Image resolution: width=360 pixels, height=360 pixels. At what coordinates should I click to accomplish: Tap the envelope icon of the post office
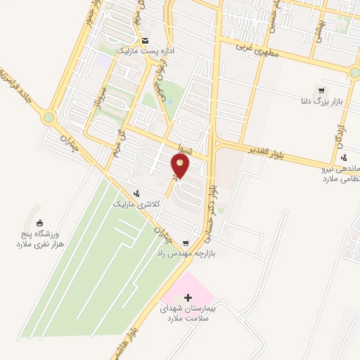(x=145, y=41)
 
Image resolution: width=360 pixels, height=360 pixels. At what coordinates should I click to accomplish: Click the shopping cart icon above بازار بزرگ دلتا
(x=321, y=90)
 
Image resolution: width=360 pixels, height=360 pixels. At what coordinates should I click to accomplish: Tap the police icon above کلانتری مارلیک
(x=137, y=192)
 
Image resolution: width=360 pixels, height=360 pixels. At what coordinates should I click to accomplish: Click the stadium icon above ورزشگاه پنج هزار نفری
(x=39, y=224)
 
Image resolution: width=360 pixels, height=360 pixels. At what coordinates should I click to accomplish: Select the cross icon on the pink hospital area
(x=187, y=298)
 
